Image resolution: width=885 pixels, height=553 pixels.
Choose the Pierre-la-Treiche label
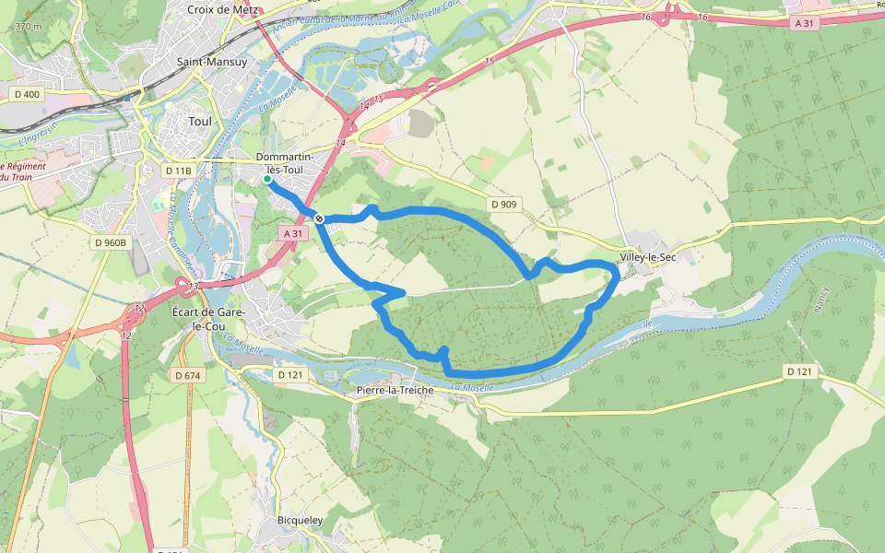point(395,390)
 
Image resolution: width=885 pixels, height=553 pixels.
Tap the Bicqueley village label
point(301,521)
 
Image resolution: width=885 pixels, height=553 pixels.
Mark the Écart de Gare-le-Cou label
point(208,320)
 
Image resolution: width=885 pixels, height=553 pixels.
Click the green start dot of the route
point(267,180)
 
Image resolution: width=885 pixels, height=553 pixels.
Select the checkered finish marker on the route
point(319,218)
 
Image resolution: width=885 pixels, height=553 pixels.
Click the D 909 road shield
point(504,204)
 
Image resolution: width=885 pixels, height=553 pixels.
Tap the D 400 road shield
point(28,94)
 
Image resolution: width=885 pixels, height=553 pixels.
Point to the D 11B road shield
point(178,171)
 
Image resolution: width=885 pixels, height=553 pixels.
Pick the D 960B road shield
point(110,243)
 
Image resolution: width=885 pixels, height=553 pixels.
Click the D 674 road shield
point(187,375)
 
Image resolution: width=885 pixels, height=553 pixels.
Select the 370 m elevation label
point(28,27)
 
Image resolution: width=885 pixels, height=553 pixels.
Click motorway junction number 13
point(192,287)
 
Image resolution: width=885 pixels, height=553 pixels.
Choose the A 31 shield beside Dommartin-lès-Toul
point(293,234)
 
